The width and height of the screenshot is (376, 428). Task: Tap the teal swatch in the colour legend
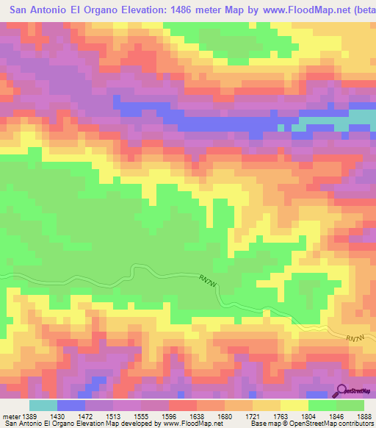43,406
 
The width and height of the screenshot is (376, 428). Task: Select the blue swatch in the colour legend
70,406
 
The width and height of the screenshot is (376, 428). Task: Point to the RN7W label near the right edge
355,338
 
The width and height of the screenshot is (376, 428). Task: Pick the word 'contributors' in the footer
355,423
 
